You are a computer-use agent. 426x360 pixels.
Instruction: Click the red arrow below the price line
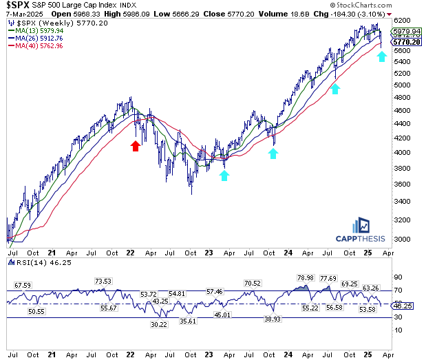coord(136,145)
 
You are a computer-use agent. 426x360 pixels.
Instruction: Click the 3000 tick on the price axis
coord(401,239)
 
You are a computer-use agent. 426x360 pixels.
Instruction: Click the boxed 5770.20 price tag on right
coord(405,42)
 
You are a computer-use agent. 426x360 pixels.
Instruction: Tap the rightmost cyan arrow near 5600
coord(382,56)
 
